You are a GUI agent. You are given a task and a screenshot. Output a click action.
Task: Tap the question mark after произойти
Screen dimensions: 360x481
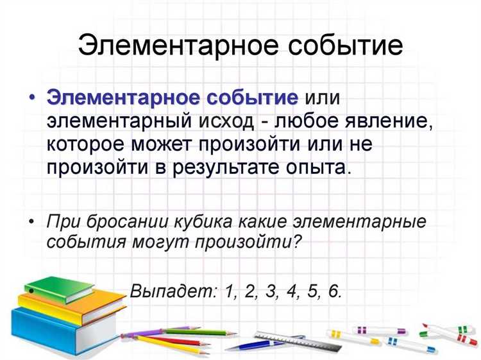point(296,243)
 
